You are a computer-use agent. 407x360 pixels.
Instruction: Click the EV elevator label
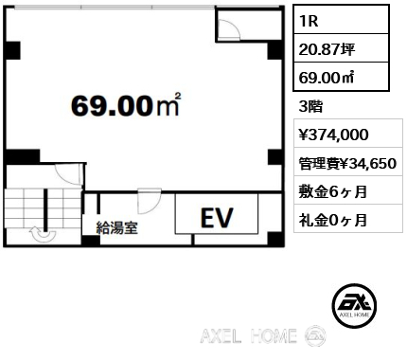tap(217, 218)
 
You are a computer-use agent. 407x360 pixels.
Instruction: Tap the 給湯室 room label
tap(117, 227)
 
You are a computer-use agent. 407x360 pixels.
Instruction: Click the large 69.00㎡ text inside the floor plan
tap(126, 105)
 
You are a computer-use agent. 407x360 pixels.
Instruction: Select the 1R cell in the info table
tap(341, 21)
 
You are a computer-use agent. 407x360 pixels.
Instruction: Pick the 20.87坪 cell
tap(341, 48)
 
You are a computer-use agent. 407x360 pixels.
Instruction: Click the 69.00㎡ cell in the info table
tap(341, 77)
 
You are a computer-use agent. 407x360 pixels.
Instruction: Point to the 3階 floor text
tap(310, 107)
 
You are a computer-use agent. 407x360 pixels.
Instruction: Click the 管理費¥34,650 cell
tap(348, 162)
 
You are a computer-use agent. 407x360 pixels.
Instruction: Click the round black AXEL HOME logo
tap(354, 305)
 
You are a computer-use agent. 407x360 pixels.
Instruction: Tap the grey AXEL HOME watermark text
tap(248, 336)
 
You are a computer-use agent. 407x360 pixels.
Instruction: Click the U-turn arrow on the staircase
tap(43, 235)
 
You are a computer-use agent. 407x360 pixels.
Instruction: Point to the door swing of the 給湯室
tap(150, 201)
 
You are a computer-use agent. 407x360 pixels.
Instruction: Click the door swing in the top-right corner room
tap(229, 28)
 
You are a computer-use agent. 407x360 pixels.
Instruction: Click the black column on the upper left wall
tap(13, 50)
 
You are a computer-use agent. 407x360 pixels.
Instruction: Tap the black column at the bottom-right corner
tap(275, 239)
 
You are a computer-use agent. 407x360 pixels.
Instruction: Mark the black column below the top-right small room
tap(274, 50)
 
